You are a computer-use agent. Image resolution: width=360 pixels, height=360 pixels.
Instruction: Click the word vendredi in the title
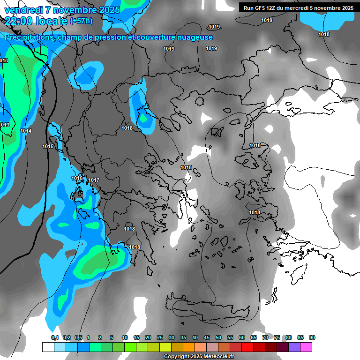(x=23, y=10)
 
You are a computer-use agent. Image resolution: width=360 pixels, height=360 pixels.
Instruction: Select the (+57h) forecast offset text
(x=81, y=21)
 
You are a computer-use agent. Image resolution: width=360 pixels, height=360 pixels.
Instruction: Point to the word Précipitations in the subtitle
(x=29, y=37)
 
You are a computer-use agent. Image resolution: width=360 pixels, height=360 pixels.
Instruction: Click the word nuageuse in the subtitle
(x=193, y=37)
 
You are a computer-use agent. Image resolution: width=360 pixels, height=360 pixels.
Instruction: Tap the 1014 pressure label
(x=26, y=131)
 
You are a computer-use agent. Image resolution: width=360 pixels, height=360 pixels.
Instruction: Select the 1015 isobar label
(x=48, y=147)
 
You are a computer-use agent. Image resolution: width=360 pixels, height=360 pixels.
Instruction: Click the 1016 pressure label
(x=77, y=179)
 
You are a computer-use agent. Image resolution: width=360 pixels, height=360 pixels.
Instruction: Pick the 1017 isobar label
(x=94, y=180)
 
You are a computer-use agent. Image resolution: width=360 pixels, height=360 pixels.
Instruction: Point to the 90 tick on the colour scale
(x=312, y=337)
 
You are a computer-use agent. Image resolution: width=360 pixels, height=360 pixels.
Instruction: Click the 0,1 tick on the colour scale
(x=54, y=337)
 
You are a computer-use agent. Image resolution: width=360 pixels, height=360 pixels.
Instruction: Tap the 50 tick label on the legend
(x=218, y=337)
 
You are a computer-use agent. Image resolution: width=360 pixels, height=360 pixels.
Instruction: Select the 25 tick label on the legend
(x=160, y=337)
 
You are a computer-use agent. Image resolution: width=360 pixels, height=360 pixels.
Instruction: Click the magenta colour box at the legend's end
(x=306, y=347)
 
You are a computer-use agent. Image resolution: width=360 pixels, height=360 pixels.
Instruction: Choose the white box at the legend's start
(x=48, y=347)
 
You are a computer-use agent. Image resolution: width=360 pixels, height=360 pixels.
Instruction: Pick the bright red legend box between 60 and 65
(x=247, y=347)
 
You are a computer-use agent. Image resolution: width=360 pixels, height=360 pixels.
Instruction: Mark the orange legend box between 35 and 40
(x=189, y=347)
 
